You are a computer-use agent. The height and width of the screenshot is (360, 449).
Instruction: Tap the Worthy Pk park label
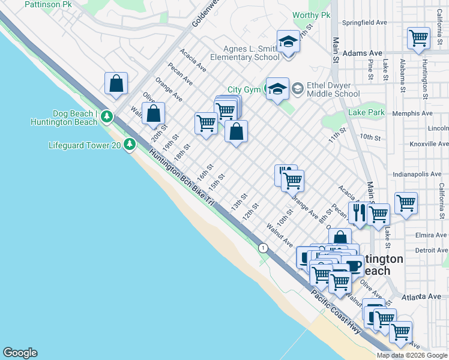312,15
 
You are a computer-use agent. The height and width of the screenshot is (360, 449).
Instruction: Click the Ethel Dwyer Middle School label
333,89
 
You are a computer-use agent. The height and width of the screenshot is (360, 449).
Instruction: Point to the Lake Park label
367,112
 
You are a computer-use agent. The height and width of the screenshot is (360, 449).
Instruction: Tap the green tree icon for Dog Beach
107,115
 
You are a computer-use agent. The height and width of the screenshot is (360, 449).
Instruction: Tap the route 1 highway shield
262,247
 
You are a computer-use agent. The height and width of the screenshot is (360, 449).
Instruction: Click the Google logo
20,353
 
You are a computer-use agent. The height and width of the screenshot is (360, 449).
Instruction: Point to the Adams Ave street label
363,53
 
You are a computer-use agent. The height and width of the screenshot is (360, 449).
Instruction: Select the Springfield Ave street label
364,23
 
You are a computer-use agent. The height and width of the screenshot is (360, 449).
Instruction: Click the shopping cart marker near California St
418,38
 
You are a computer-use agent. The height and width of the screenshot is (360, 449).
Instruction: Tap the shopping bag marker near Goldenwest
116,84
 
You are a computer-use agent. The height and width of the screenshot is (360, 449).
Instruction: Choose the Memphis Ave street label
412,113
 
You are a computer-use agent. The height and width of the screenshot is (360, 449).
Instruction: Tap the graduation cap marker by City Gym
277,89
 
